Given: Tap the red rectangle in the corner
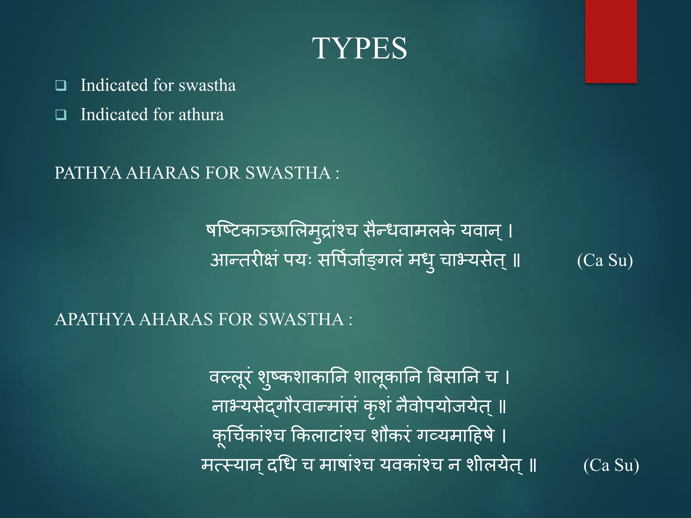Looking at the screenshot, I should pos(611,41).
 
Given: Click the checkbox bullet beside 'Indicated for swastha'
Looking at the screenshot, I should pos(61,85).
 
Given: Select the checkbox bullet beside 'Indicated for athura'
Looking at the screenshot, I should pos(61,115).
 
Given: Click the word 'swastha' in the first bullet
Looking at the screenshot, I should pos(207,85).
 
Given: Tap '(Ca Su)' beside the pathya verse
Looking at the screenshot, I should pos(605,260).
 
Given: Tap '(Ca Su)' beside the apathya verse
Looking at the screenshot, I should pos(611,465).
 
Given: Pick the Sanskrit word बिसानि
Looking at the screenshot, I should pos(453,377).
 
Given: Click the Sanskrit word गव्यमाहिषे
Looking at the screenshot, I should pos(455,435).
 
